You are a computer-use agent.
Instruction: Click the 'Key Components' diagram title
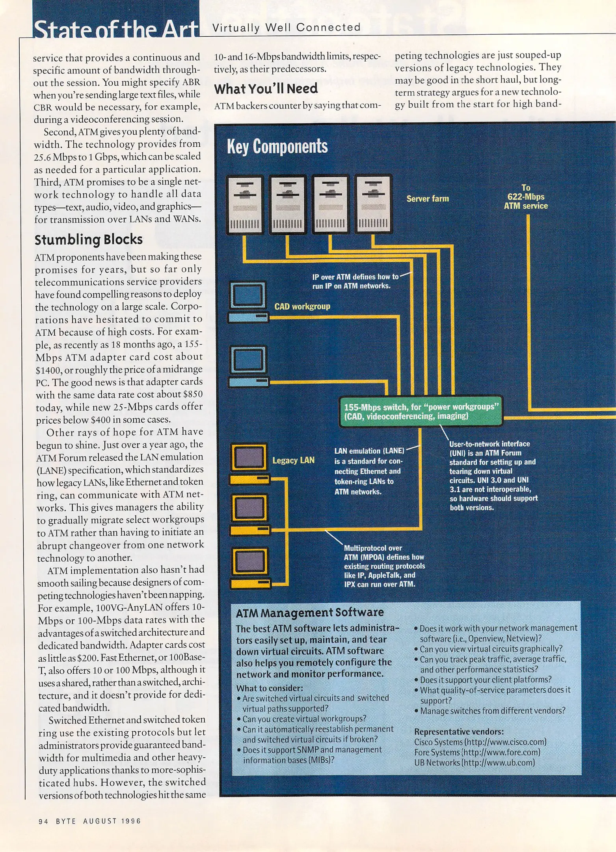(x=277, y=146)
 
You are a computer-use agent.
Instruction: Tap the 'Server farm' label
(x=427, y=198)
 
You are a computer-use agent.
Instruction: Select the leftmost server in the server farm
(x=244, y=204)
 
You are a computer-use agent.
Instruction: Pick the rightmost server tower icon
(x=373, y=204)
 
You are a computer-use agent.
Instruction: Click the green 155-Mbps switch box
(x=421, y=411)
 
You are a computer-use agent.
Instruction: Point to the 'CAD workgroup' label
(x=302, y=306)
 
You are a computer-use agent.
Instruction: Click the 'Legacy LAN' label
(x=293, y=460)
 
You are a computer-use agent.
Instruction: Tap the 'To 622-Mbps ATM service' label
(x=526, y=197)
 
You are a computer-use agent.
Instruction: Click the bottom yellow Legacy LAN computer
(x=250, y=567)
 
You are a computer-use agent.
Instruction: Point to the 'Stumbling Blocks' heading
(x=88, y=239)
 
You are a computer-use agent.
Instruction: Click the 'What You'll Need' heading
(x=266, y=89)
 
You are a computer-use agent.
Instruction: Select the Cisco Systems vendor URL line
(x=480, y=742)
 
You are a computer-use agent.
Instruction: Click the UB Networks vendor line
(x=474, y=762)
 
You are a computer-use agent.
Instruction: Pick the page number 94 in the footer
(x=43, y=821)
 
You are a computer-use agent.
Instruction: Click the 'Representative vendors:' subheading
(x=459, y=732)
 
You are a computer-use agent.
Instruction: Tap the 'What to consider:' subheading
(x=269, y=688)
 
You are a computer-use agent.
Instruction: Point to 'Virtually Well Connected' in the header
(x=287, y=28)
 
